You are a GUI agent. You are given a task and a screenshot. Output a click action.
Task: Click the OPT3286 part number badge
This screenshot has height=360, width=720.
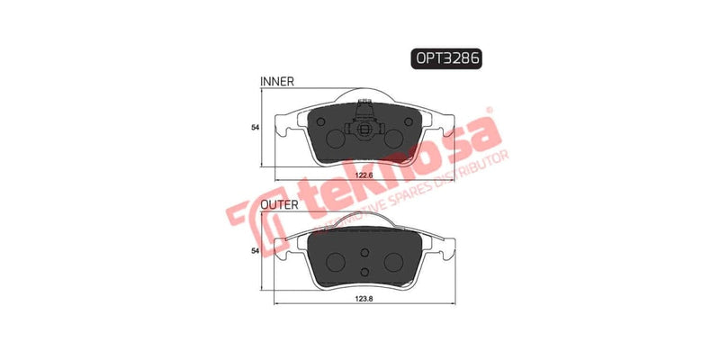pos(447,58)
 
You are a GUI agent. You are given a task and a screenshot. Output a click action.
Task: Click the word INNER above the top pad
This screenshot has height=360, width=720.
pos(277,82)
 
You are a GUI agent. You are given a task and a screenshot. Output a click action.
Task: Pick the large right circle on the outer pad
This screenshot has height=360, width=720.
pos(395,260)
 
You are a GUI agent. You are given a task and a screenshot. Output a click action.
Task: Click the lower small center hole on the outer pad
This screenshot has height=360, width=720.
pos(364,272)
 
